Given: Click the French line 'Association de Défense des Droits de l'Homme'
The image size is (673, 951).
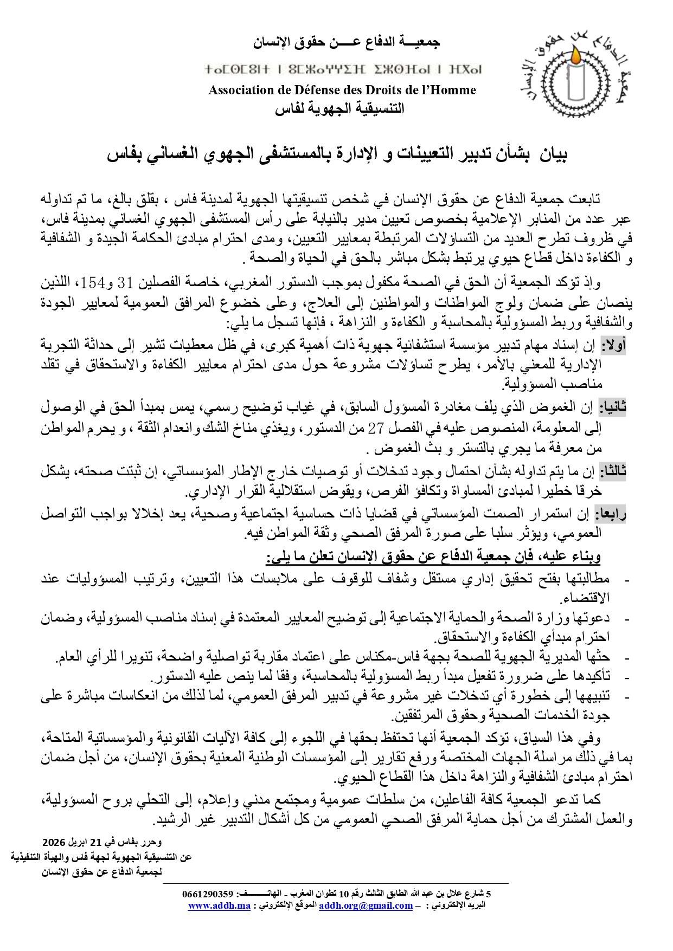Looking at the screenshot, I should point(342,90).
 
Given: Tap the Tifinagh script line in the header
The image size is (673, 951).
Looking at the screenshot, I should point(343,70).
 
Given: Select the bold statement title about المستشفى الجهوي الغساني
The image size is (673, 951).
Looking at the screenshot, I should point(336,156).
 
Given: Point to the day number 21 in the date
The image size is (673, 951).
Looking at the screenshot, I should point(96,843).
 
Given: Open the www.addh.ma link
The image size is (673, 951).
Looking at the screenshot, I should point(219,905).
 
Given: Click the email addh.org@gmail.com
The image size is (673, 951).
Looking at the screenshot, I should point(366,905).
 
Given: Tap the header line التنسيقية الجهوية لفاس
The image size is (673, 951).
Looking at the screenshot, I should point(339,109).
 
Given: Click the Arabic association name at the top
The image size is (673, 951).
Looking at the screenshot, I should point(347,42).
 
